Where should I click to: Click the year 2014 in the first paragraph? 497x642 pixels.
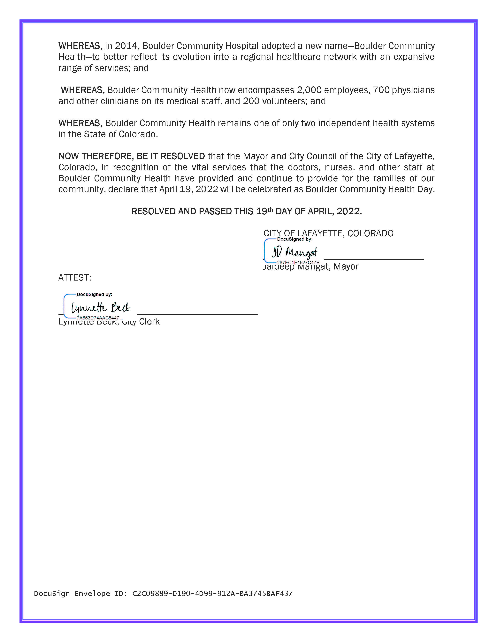click(126, 46)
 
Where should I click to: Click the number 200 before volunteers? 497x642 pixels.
click(251, 101)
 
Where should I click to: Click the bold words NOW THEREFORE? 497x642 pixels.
click(96, 156)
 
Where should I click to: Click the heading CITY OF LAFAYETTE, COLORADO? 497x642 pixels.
click(328, 233)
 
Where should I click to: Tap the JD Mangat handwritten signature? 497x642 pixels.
click(294, 252)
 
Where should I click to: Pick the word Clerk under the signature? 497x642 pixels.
click(149, 322)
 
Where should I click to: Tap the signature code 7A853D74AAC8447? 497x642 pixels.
click(98, 318)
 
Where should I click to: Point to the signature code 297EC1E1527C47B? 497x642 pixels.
click(298, 262)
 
